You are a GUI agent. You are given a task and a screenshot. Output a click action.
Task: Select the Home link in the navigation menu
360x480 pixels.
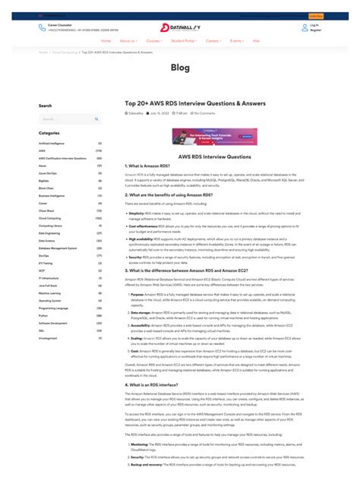point(106,40)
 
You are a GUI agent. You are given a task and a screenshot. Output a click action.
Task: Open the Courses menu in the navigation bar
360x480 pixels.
point(153,40)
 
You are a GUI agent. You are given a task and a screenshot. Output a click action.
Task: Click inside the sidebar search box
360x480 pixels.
point(68,118)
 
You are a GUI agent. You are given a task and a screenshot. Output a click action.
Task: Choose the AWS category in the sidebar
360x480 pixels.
point(43,150)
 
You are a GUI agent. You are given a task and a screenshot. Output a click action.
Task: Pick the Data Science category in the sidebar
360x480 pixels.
point(47,240)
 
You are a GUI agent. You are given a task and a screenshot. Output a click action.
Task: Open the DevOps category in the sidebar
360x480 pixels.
point(44,255)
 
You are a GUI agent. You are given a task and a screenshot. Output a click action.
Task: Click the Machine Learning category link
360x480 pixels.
point(50,293)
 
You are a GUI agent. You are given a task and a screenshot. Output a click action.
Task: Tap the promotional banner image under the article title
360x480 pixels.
point(214,137)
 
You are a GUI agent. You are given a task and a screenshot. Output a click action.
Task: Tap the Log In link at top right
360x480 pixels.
point(314,25)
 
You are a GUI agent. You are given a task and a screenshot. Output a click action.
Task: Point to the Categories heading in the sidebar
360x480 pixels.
point(49,133)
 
